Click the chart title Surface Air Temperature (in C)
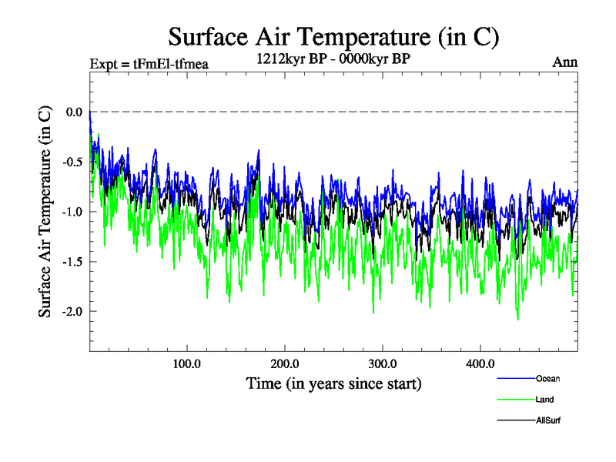333,36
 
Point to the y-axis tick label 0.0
74,112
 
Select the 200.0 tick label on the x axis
285,363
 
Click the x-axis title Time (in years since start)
333,383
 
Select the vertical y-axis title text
45,211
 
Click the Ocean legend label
547,378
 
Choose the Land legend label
544,400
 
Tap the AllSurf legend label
547,420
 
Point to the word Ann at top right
565,62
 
